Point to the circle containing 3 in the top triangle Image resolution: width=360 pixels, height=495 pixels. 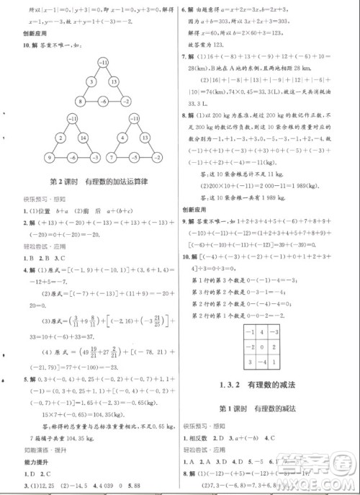click(91, 83)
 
